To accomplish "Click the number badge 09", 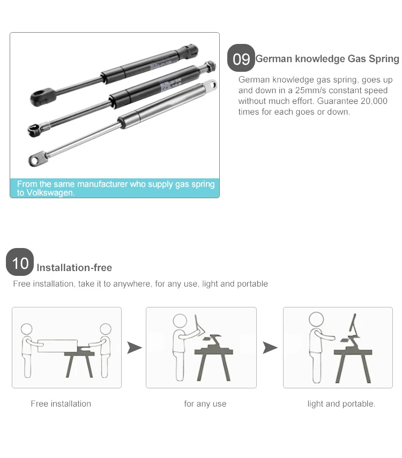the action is (241, 58).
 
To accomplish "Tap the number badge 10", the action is (20, 262).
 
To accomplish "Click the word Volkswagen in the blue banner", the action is (50, 193).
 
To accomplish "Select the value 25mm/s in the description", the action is (310, 90).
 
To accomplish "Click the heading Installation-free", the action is (75, 267).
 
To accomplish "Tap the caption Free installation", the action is (61, 404).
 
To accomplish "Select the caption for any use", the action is (205, 404).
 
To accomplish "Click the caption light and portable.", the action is (341, 404).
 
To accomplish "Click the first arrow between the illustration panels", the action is (134, 348).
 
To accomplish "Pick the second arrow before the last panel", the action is (270, 348).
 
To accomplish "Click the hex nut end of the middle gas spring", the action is (210, 66).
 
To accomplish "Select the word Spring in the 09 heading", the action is (384, 59).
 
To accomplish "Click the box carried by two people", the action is (58, 346).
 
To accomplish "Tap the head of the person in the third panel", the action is (316, 319).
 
